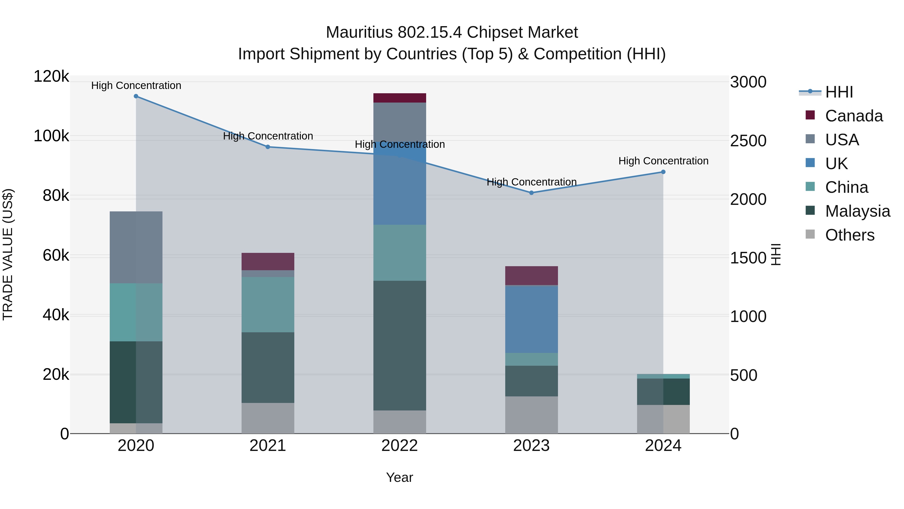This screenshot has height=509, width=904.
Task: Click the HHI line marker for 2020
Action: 136,96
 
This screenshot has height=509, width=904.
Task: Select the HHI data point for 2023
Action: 531,193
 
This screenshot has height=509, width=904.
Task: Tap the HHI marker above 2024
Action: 663,172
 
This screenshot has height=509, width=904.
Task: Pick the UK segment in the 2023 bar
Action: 531,319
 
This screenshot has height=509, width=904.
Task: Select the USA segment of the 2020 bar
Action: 136,247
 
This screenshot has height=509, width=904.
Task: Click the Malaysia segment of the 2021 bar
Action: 268,367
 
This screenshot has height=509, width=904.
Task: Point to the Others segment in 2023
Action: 531,415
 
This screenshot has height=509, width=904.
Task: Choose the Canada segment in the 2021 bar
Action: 268,261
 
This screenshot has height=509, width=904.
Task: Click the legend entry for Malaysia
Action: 857,211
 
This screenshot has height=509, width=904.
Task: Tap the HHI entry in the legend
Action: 839,92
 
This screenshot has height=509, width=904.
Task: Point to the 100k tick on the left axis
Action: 51,136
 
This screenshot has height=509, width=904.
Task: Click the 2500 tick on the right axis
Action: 748,141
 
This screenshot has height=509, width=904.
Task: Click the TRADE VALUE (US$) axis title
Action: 8,254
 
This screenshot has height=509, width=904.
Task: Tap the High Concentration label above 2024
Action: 663,161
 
